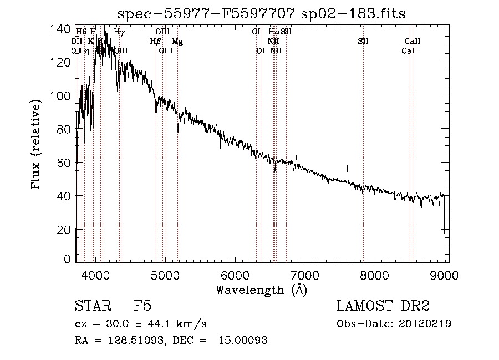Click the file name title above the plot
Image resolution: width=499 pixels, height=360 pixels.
262,14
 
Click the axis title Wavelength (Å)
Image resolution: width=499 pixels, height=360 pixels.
261,290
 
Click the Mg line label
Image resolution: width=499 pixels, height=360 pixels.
177,42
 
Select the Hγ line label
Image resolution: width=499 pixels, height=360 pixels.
119,32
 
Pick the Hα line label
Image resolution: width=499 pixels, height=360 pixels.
274,32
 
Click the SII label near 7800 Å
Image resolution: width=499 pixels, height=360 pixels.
363,42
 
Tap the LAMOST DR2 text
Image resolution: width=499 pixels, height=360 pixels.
383,306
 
